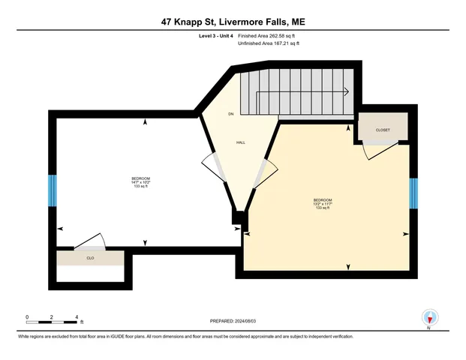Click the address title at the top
(233, 22)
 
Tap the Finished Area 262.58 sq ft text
(269, 36)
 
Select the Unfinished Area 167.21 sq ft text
(269, 44)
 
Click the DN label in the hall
(231, 114)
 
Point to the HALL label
(241, 142)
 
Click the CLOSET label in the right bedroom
(382, 129)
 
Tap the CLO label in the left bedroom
(90, 257)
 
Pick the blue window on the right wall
(413, 193)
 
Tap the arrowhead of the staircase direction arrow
(346, 91)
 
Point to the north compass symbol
(429, 318)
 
